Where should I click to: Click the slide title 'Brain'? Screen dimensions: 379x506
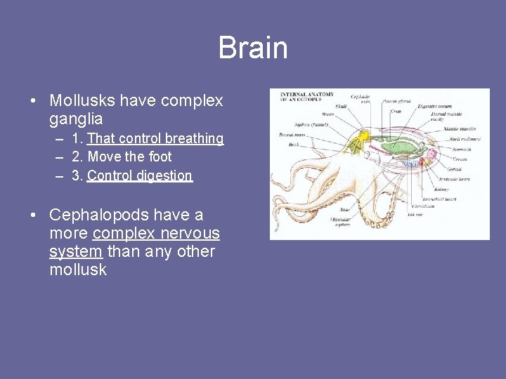coord(253,48)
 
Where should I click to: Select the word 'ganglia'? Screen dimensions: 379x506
coord(76,119)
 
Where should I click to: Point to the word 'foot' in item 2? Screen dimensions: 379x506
coord(160,157)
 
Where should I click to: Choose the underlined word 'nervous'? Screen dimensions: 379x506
coord(188,233)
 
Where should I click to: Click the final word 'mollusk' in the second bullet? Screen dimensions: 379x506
coord(78,270)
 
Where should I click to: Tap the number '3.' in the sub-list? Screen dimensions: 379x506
coord(77,175)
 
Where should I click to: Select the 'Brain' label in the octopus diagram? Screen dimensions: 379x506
coord(327,114)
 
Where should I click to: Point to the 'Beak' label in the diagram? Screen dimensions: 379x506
coord(294,145)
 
